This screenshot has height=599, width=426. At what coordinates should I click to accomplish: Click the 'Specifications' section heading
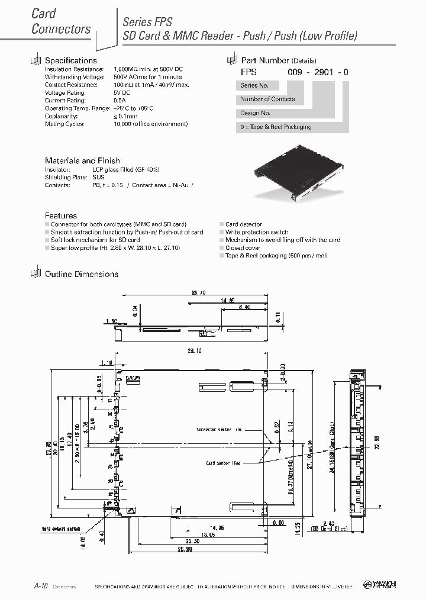coord(70,60)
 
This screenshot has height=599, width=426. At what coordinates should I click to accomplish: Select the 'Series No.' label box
coord(254,86)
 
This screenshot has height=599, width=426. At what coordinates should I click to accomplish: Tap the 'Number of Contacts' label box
coord(267,99)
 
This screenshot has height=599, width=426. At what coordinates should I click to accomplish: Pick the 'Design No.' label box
coord(256,113)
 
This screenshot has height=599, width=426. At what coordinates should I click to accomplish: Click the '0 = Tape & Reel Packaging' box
coord(276,127)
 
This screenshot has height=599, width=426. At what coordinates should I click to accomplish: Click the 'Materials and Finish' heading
coord(82,160)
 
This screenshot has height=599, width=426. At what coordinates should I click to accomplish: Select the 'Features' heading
coord(61,216)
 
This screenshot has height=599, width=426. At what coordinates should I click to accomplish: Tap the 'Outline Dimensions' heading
coord(81,274)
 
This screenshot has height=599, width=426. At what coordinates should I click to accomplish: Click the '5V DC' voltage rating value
coord(121,92)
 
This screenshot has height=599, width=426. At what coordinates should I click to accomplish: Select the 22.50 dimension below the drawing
coord(192,540)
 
